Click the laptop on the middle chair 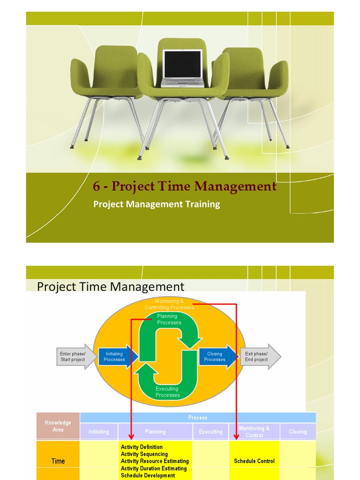coord(183,68)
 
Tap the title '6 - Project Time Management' coord(185,187)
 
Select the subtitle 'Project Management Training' coord(157,204)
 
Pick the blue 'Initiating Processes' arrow coord(116,357)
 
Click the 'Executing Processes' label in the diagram coord(167,392)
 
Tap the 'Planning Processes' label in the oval coord(169,319)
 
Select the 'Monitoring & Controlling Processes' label coord(169,304)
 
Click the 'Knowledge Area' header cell coord(58,426)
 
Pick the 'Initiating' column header coord(99,432)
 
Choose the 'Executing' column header coord(210,432)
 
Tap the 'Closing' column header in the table coord(298,432)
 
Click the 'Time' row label coord(58,461)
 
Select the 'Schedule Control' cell coord(254,461)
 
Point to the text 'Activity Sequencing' coord(144,454)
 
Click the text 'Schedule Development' coord(148,475)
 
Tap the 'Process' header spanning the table coord(198,417)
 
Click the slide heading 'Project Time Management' coord(111,286)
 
